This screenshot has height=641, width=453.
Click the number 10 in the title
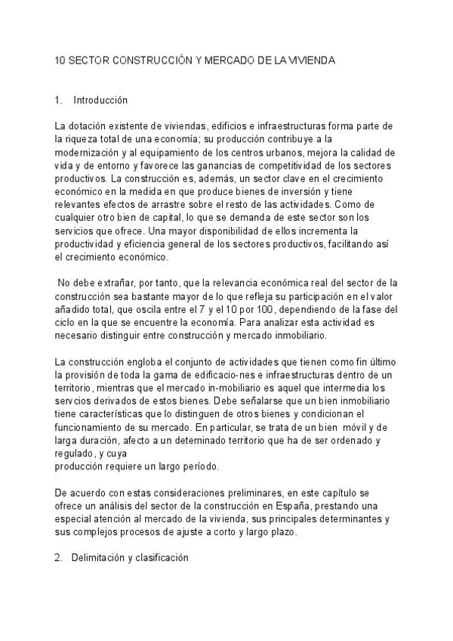pyautogui.click(x=61, y=59)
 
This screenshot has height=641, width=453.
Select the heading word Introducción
pyautogui.click(x=100, y=101)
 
